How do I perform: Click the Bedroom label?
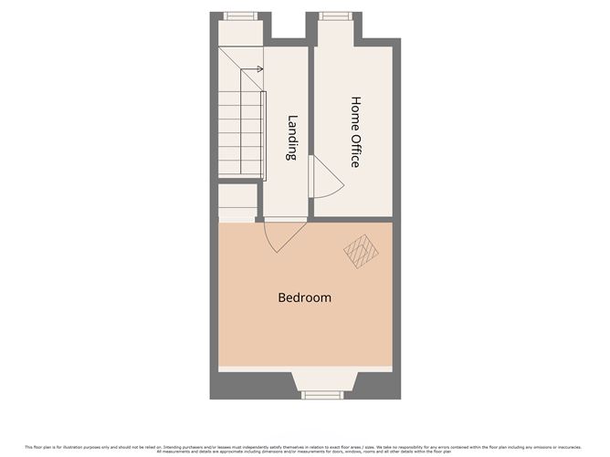pos(305,297)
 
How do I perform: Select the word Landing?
pos(292,137)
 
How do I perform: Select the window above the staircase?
pos(241,16)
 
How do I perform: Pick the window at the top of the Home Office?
pos(333,16)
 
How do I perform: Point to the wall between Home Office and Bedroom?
pos(352,220)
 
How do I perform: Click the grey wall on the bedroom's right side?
pos(396,301)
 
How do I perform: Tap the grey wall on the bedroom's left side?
pos(214,301)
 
